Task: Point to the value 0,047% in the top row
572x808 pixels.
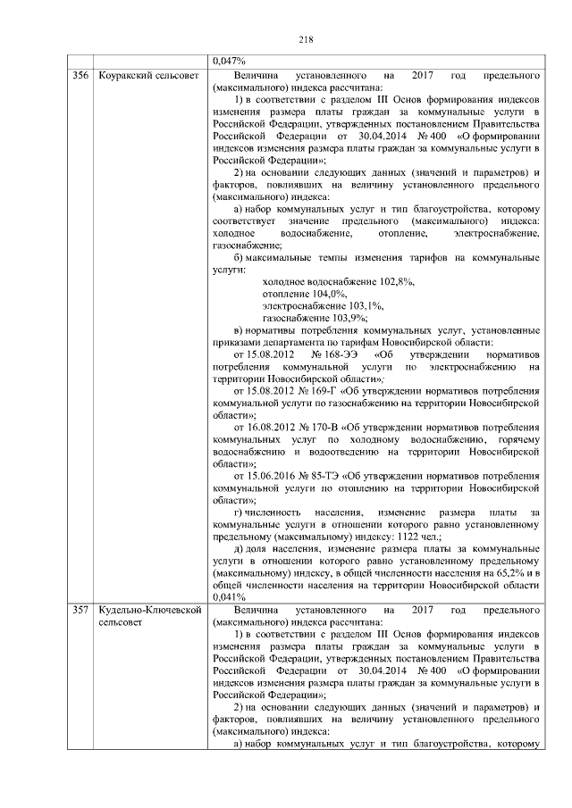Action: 229,61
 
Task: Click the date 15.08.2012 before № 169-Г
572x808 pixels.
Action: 269,391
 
